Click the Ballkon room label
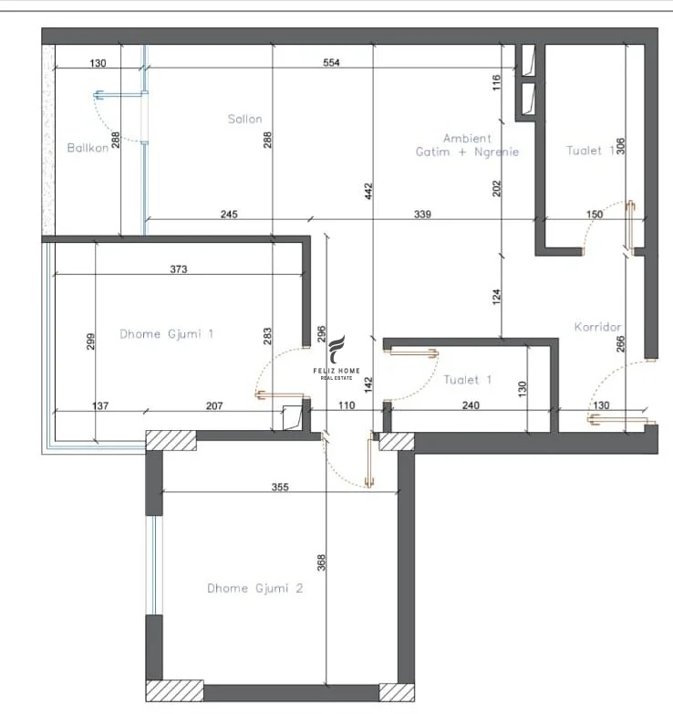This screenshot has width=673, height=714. click(x=88, y=148)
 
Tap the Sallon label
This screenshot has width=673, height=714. click(x=245, y=119)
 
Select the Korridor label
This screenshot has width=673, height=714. click(x=597, y=326)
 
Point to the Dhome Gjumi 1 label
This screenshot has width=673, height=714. click(x=167, y=334)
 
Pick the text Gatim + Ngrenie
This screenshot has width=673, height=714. click(x=467, y=152)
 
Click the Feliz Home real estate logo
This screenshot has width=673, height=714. click(x=337, y=358)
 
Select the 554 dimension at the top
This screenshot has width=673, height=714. click(x=331, y=63)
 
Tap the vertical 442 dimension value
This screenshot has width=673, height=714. click(x=369, y=190)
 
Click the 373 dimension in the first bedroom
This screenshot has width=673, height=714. click(x=179, y=269)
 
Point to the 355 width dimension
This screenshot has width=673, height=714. click(x=279, y=488)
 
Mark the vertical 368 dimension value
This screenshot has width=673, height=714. click(x=320, y=562)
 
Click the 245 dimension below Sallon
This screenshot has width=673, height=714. click(x=229, y=215)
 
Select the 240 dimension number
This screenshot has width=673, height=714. click(x=471, y=404)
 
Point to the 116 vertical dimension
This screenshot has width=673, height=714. click(x=497, y=83)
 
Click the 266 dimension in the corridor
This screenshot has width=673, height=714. click(x=621, y=345)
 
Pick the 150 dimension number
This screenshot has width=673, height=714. click(x=594, y=215)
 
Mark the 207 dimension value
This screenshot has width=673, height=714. click(x=213, y=404)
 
